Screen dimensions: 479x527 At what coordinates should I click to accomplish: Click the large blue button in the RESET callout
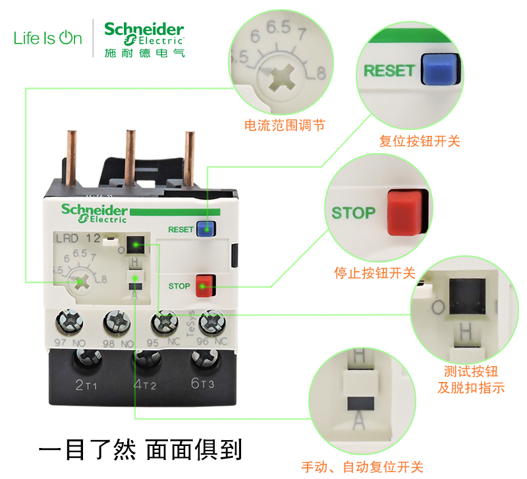click(x=440, y=70)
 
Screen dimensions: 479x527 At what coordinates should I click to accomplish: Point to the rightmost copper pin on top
click(x=190, y=156)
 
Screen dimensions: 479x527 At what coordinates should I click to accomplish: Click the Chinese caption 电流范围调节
click(x=284, y=125)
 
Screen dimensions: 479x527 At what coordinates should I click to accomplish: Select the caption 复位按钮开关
click(x=420, y=141)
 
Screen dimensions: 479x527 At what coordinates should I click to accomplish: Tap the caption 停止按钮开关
click(x=374, y=272)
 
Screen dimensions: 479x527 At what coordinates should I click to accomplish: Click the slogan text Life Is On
click(x=48, y=38)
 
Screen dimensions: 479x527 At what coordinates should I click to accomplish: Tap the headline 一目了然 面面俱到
click(x=140, y=449)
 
